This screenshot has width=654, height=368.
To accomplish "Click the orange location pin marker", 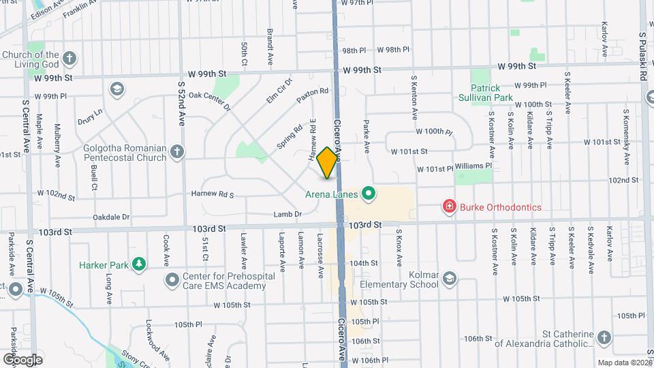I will pos(328,163).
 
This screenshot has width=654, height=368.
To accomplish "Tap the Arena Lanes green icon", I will pos(369,195).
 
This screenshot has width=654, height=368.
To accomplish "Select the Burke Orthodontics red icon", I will pos(449,206).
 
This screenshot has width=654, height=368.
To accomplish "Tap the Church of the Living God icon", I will pos(69,59).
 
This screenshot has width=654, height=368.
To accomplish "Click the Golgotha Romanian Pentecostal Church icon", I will pos(176,152).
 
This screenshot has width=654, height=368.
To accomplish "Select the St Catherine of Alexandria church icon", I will pos(604,338).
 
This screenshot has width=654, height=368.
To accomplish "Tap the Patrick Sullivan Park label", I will pos(495,93).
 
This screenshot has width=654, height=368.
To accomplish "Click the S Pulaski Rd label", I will pos(642,55).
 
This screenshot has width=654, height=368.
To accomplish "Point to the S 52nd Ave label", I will pos(182,103).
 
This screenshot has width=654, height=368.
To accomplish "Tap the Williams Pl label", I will pos(473,166).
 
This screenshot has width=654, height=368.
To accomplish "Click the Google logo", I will pos(22,358).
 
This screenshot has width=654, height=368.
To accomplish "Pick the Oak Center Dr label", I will pos(210,102).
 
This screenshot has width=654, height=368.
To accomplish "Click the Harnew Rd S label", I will pos(213,195).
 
